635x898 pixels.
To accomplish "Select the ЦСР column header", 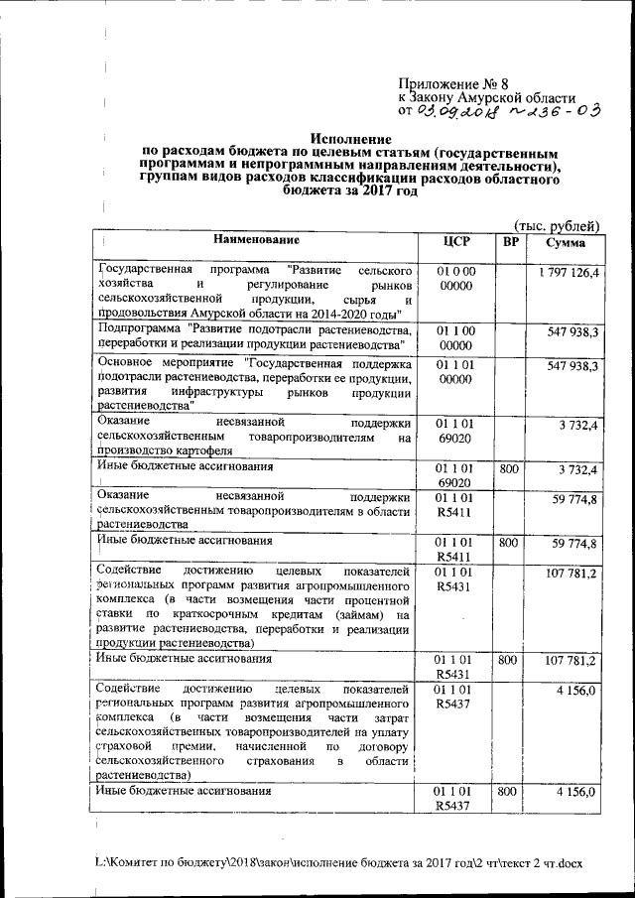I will [x=456, y=241].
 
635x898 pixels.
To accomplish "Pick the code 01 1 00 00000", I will [x=456, y=336].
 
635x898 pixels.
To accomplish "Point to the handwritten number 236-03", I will [x=555, y=112].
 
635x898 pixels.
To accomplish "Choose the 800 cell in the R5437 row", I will [x=509, y=792].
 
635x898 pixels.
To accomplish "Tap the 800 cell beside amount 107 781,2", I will [x=509, y=658].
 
